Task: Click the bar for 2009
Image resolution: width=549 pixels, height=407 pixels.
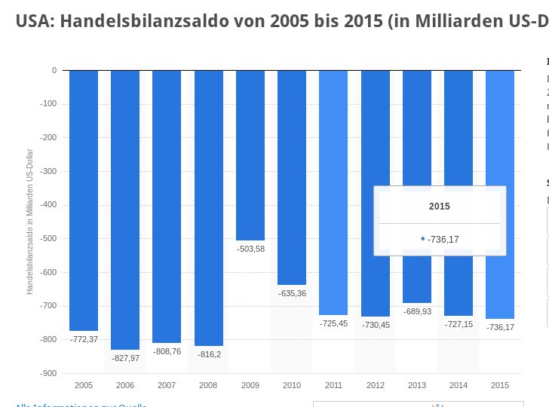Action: coord(250,155)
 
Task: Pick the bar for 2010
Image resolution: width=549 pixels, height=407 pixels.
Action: coord(292,177)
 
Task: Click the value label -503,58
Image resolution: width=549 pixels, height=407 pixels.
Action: coord(250,249)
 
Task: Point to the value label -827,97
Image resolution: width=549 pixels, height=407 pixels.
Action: coord(125,357)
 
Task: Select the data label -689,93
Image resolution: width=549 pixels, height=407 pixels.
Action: coord(416,311)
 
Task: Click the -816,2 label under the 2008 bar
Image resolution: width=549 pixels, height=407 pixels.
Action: coord(209,353)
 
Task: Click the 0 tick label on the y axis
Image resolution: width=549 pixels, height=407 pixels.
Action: coord(54,70)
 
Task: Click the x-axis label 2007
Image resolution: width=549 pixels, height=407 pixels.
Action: coord(167,385)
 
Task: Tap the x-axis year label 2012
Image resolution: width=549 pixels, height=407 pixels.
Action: coord(375,385)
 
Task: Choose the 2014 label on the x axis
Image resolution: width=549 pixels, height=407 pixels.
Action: coord(458,385)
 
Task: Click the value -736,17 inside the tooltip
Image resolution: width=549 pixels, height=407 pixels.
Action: coord(443,240)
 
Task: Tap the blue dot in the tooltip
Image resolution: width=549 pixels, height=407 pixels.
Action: coord(423,239)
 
